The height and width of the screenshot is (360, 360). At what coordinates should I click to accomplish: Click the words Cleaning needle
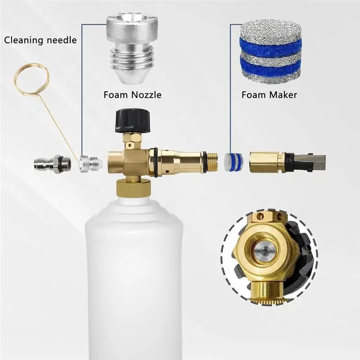(x=40, y=40)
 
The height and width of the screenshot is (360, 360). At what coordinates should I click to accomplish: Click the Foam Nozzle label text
(x=132, y=95)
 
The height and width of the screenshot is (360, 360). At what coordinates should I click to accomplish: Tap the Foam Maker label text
(x=269, y=95)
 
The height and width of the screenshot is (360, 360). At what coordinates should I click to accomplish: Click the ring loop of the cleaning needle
(x=31, y=79)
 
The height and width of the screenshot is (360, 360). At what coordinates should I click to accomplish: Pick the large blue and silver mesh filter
(x=271, y=50)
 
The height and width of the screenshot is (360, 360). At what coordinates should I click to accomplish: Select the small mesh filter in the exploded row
(x=234, y=163)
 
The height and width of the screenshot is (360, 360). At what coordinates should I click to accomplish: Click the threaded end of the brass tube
(x=213, y=163)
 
